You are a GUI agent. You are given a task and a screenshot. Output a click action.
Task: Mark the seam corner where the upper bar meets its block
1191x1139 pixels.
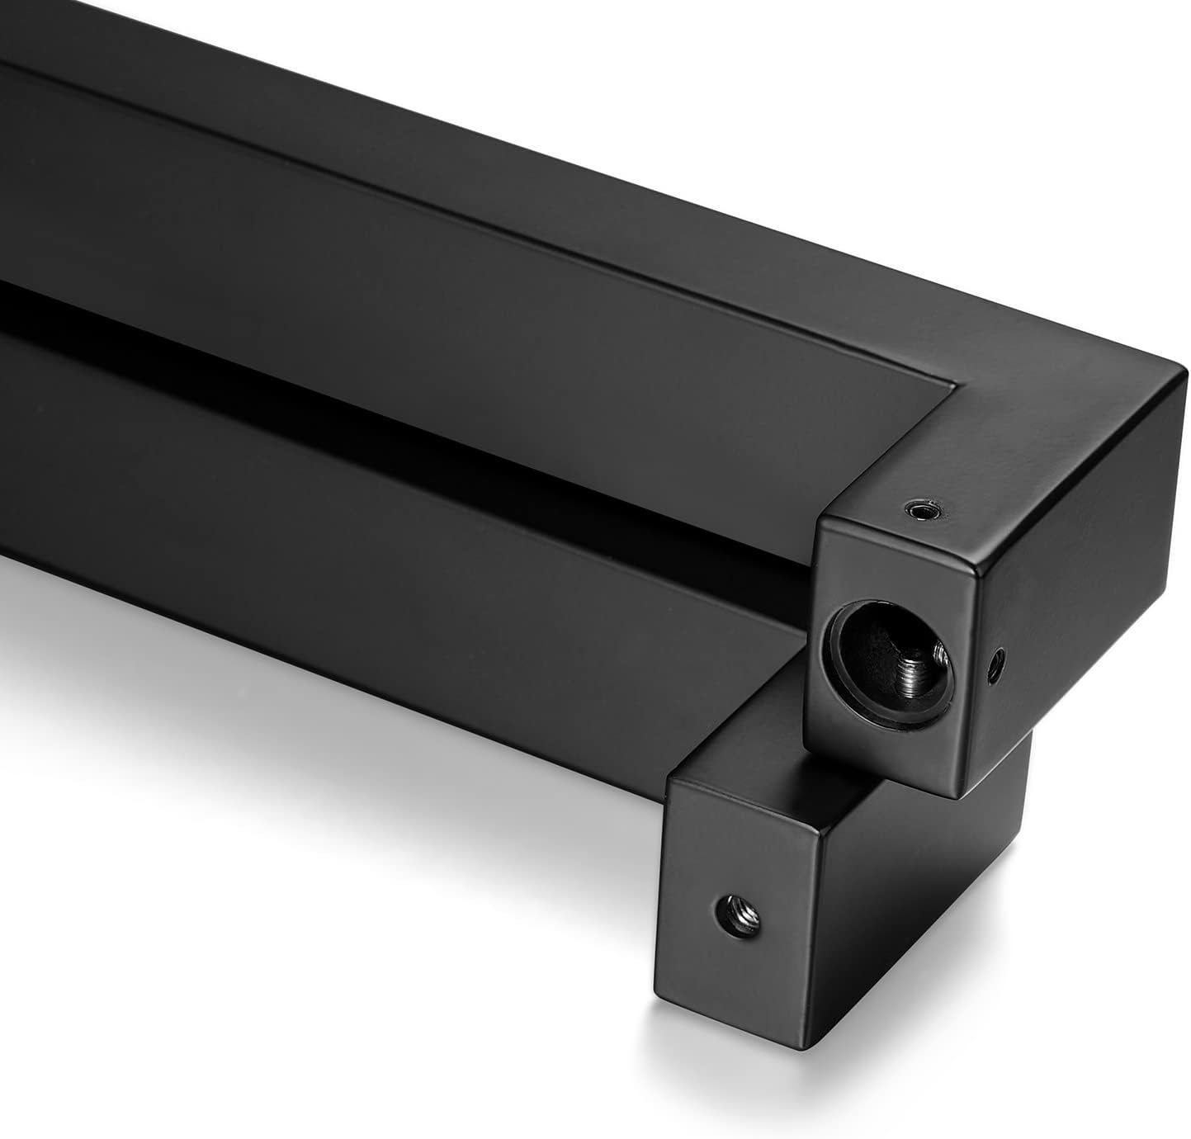[x=957, y=384]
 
